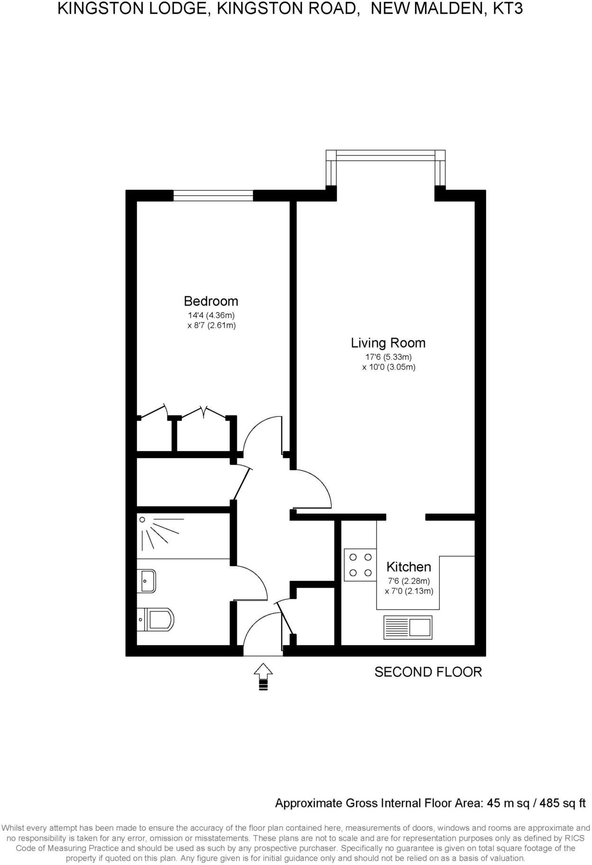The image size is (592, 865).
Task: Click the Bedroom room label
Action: (211, 301)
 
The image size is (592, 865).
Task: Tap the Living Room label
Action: (388, 343)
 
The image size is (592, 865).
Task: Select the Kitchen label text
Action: (408, 567)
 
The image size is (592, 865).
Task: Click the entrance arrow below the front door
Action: (263, 676)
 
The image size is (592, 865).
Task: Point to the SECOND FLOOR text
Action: (428, 672)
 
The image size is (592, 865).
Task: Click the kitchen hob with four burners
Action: (360, 565)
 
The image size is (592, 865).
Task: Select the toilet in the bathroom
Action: (157, 619)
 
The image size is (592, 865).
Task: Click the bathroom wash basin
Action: (147, 581)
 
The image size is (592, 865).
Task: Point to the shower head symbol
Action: (142, 520)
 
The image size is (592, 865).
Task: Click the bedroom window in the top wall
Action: (213, 195)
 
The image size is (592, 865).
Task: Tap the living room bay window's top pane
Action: (385, 153)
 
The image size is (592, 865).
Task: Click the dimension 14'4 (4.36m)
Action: (211, 315)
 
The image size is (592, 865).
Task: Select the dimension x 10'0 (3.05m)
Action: (388, 367)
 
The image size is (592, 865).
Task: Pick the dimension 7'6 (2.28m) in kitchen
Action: (408, 581)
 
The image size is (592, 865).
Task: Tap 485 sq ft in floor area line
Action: (564, 803)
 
